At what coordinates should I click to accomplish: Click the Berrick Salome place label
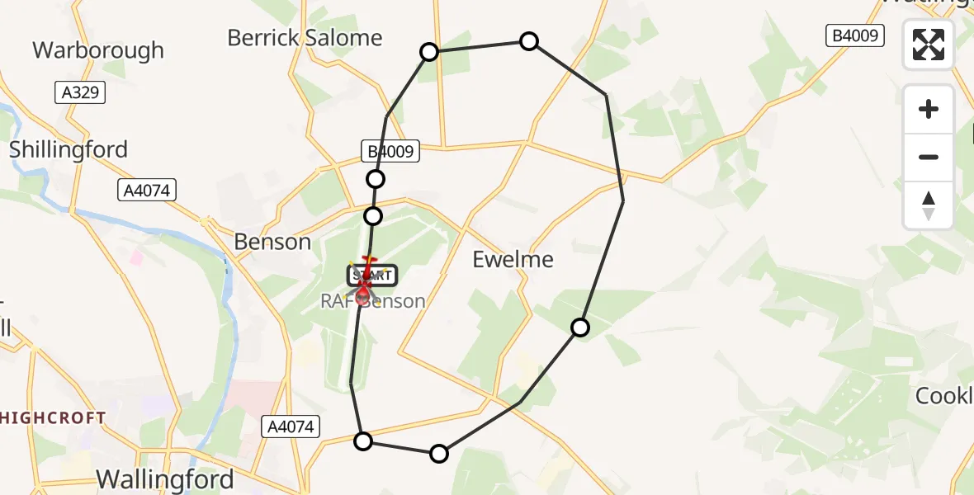tap(305, 38)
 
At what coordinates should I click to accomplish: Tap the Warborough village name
tap(98, 50)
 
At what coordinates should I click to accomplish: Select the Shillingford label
tap(69, 149)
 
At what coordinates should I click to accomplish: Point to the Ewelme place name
tap(513, 259)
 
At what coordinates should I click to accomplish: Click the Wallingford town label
tap(165, 478)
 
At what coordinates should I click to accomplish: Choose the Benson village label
tap(272, 242)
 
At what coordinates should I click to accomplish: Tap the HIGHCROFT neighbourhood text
tap(54, 418)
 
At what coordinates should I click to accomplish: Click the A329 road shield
tap(81, 92)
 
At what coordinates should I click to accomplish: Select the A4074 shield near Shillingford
tap(147, 191)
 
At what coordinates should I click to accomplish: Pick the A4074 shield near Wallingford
tap(291, 427)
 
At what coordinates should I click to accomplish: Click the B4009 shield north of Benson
tap(391, 151)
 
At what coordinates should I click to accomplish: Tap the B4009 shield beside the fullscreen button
tap(855, 35)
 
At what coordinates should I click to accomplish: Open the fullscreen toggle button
tap(929, 45)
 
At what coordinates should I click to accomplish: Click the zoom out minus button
tap(929, 157)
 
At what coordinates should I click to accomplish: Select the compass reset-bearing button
tap(929, 205)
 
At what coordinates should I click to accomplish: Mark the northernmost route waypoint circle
tap(529, 41)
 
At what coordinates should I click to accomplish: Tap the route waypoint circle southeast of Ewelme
tap(580, 328)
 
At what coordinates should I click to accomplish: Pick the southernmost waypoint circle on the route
tap(439, 453)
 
